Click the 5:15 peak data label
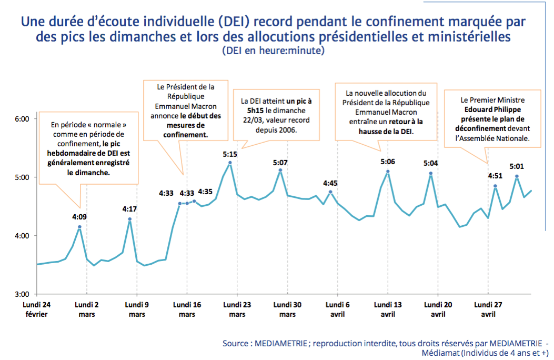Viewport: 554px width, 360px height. click(230, 154)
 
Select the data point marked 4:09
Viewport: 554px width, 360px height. click(79, 227)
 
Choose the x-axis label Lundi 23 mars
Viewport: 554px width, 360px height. click(237, 309)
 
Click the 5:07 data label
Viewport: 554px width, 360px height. click(280, 163)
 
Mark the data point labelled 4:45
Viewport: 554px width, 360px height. click(330, 192)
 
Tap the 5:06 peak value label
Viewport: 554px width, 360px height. click(388, 162)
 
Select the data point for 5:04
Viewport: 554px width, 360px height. click(431, 173)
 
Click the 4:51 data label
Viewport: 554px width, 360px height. click(495, 176)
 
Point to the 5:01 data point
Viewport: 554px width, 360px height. click(517, 176)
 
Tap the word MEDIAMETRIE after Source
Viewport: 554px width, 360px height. click(281, 343)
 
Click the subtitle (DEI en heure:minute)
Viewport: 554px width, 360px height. click(273, 51)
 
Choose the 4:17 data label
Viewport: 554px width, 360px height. click(130, 209)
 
